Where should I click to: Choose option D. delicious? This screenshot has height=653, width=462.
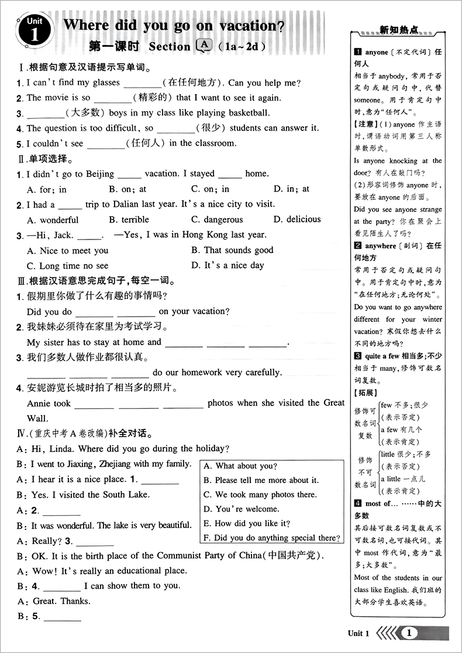pyautogui.click(x=296, y=220)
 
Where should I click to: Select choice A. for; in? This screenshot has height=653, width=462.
pyautogui.click(x=47, y=189)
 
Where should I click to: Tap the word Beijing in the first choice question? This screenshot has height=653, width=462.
pyautogui.click(x=100, y=173)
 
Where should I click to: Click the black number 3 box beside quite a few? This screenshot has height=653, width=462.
pyautogui.click(x=357, y=356)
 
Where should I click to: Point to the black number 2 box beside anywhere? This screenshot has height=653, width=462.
pyautogui.click(x=357, y=246)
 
